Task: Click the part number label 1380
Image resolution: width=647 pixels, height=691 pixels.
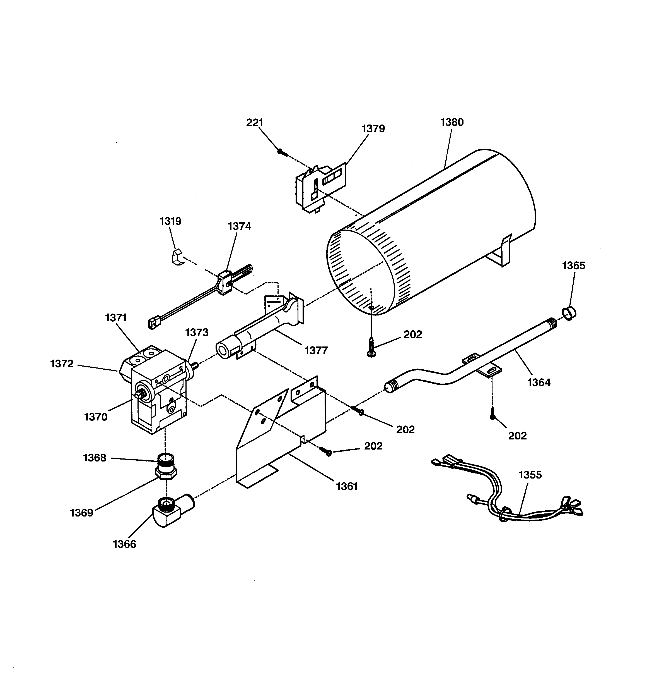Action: [x=452, y=122]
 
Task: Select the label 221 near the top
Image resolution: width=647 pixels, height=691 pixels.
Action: [x=255, y=123]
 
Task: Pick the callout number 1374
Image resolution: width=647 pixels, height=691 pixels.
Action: [x=239, y=226]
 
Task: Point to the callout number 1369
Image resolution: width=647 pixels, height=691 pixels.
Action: [x=82, y=513]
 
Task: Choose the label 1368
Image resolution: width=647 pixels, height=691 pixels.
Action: [x=95, y=458]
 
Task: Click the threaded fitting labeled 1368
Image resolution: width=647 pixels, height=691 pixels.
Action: [x=166, y=461]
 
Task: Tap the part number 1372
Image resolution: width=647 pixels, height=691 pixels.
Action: [x=62, y=364]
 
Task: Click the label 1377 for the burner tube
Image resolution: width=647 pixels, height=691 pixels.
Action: [x=316, y=350]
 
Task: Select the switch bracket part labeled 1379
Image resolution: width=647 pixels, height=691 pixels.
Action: [x=320, y=188]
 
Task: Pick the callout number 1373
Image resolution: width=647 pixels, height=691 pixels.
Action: [x=197, y=332]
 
